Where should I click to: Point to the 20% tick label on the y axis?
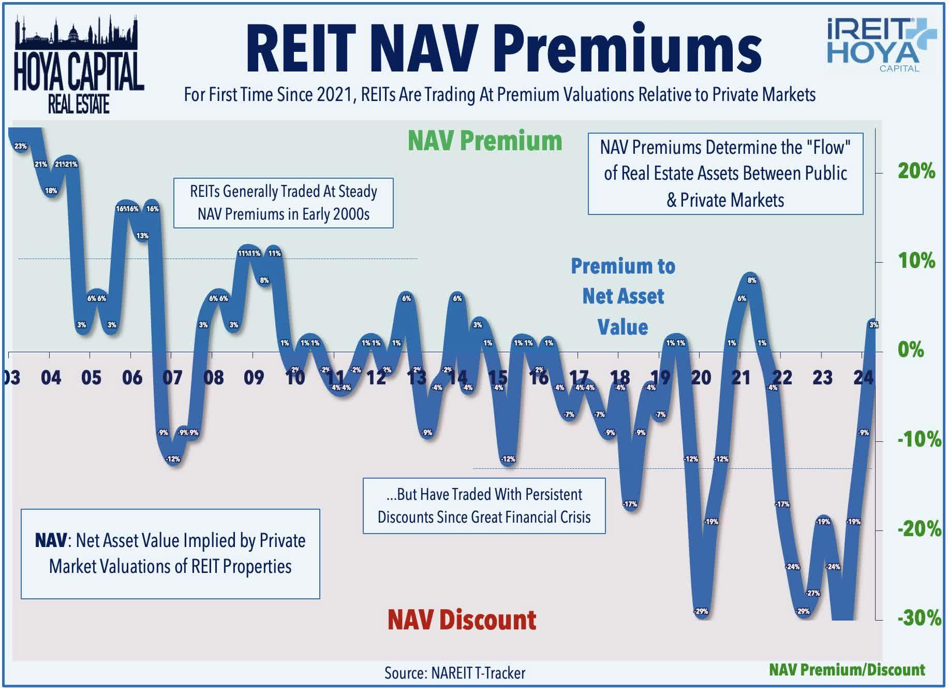916,171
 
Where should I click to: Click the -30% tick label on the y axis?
919,618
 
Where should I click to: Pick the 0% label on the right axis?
911,350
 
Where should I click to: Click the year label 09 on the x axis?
254,378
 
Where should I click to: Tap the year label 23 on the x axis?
822,378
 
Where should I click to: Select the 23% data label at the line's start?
20,147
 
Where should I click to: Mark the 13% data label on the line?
142,236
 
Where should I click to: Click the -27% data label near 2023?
813,593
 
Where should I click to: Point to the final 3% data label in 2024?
873,325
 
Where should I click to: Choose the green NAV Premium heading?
485,141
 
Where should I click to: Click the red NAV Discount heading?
462,620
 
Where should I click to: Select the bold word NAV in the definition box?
51,541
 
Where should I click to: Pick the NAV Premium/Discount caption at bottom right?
847,670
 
